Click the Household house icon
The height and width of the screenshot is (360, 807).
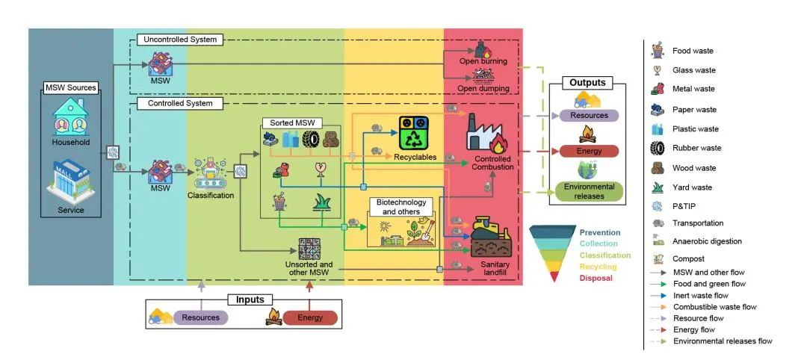click(70, 117)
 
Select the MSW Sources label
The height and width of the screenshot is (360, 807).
click(71, 87)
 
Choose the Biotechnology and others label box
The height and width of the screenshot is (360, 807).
click(401, 207)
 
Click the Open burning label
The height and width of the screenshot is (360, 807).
click(483, 61)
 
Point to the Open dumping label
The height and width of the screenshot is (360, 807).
click(483, 89)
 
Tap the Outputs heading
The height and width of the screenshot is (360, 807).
click(587, 82)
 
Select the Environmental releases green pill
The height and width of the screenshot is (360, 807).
click(590, 191)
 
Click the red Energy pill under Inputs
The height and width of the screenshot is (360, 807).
click(310, 317)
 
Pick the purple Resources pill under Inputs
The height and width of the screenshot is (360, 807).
click(201, 317)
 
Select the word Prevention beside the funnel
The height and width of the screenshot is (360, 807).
click(599, 233)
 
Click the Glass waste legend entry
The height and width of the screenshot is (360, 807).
click(693, 70)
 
